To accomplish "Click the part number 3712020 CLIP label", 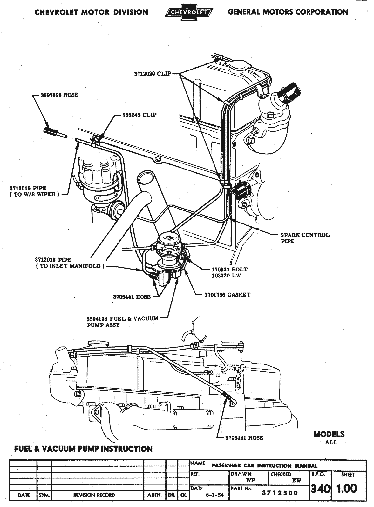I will (x=153, y=74).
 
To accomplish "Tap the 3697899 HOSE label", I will (x=59, y=95).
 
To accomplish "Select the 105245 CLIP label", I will (x=139, y=115).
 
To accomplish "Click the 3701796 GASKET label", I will (x=227, y=295).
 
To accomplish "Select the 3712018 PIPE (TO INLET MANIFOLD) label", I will (x=70, y=263).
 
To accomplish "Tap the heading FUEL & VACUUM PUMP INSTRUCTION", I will (x=83, y=449).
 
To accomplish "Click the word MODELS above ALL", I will (x=329, y=434).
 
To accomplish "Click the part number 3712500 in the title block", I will (x=280, y=493).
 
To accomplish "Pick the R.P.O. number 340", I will (x=320, y=489).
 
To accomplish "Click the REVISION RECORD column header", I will (x=94, y=495).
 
